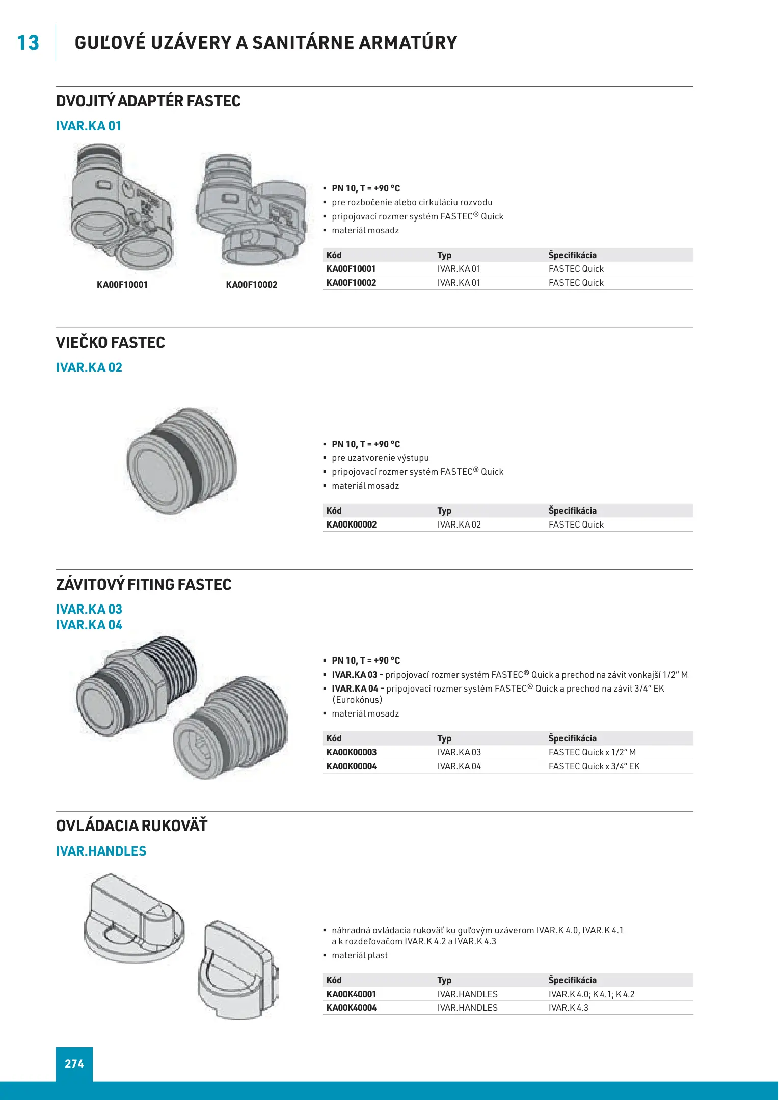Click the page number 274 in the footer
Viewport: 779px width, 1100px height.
(74, 1064)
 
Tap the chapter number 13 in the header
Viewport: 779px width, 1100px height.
(28, 43)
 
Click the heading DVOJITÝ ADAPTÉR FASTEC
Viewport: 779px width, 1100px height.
(148, 101)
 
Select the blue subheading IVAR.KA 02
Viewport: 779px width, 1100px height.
(89, 367)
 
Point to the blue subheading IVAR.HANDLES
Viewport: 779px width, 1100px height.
(101, 851)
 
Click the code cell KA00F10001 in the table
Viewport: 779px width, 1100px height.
(351, 269)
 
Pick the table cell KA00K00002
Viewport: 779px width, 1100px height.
(352, 525)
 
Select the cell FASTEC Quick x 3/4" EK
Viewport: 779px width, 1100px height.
(594, 766)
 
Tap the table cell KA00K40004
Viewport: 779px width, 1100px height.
(352, 1008)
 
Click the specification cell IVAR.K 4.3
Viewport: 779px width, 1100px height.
(568, 1008)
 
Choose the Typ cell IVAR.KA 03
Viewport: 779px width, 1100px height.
(459, 752)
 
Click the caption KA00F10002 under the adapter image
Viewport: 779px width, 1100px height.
(252, 285)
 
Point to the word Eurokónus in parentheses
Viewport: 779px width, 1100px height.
(357, 700)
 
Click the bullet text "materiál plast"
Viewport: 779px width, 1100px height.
(360, 955)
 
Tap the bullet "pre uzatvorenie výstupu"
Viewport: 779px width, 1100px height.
(380, 458)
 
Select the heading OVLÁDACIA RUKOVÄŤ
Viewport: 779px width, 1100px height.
(132, 826)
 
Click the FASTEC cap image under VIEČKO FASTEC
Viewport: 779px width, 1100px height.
(181, 460)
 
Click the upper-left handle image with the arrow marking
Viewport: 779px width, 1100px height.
(134, 919)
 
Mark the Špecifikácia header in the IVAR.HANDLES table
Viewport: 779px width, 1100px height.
(572, 980)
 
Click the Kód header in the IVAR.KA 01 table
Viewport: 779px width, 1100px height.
(334, 255)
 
